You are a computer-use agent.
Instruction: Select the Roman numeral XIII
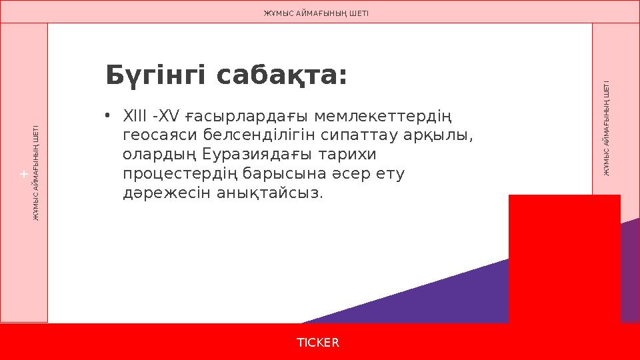pos(133,117)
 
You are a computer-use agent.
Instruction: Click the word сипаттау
pos(360,136)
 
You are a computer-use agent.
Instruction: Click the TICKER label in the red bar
pos(318,343)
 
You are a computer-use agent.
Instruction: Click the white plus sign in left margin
pos(23,174)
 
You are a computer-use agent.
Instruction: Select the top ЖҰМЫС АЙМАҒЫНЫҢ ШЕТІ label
pos(316,13)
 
